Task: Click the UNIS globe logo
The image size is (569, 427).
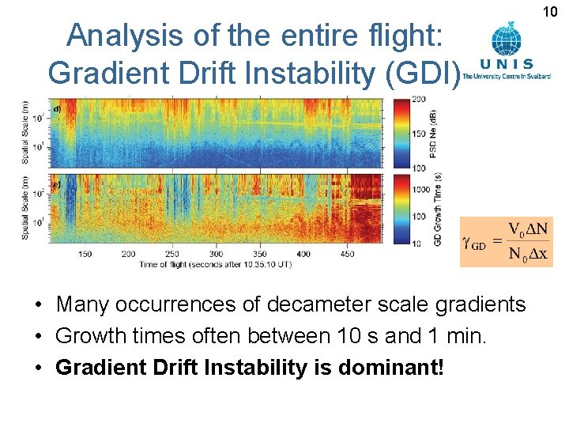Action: point(506,39)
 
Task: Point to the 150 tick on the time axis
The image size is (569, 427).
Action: point(85,254)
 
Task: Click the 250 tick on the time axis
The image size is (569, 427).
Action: point(172,254)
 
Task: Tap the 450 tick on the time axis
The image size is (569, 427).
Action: point(348,254)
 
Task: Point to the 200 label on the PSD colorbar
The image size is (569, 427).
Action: point(419,99)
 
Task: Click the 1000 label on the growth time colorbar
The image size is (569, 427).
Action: point(421,190)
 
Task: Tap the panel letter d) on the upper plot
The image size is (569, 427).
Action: point(57,108)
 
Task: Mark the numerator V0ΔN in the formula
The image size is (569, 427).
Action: point(526,230)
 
